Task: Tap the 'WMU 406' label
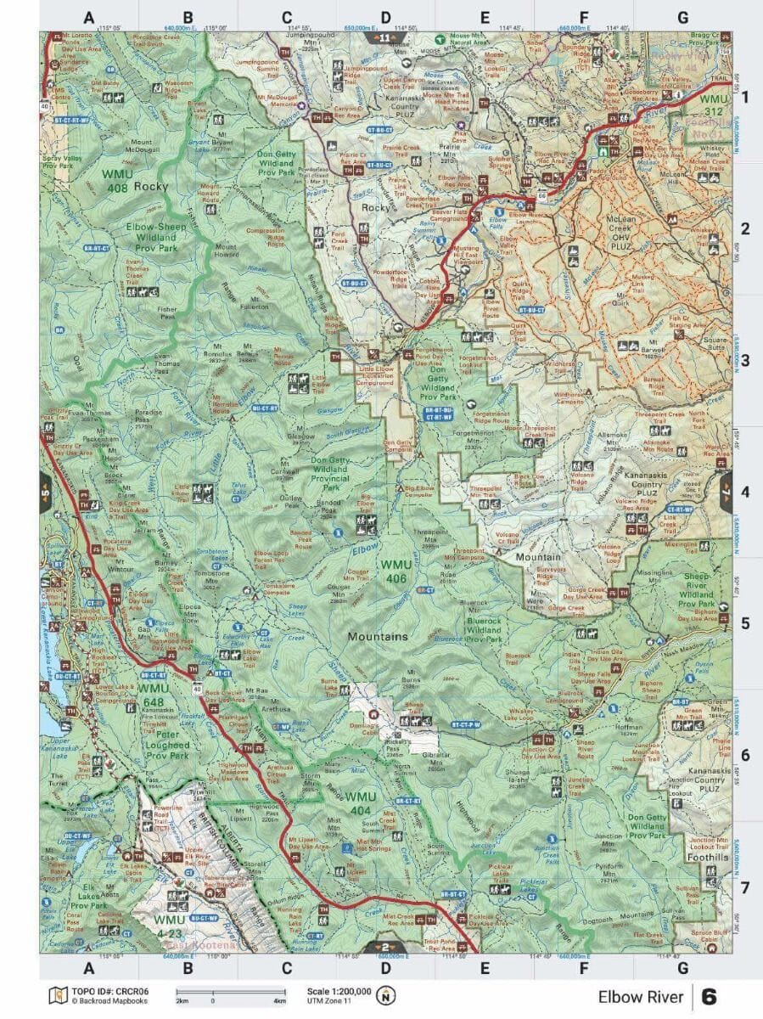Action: pos(395,571)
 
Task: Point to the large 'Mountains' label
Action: pos(376,636)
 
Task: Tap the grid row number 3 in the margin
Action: pos(745,359)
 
